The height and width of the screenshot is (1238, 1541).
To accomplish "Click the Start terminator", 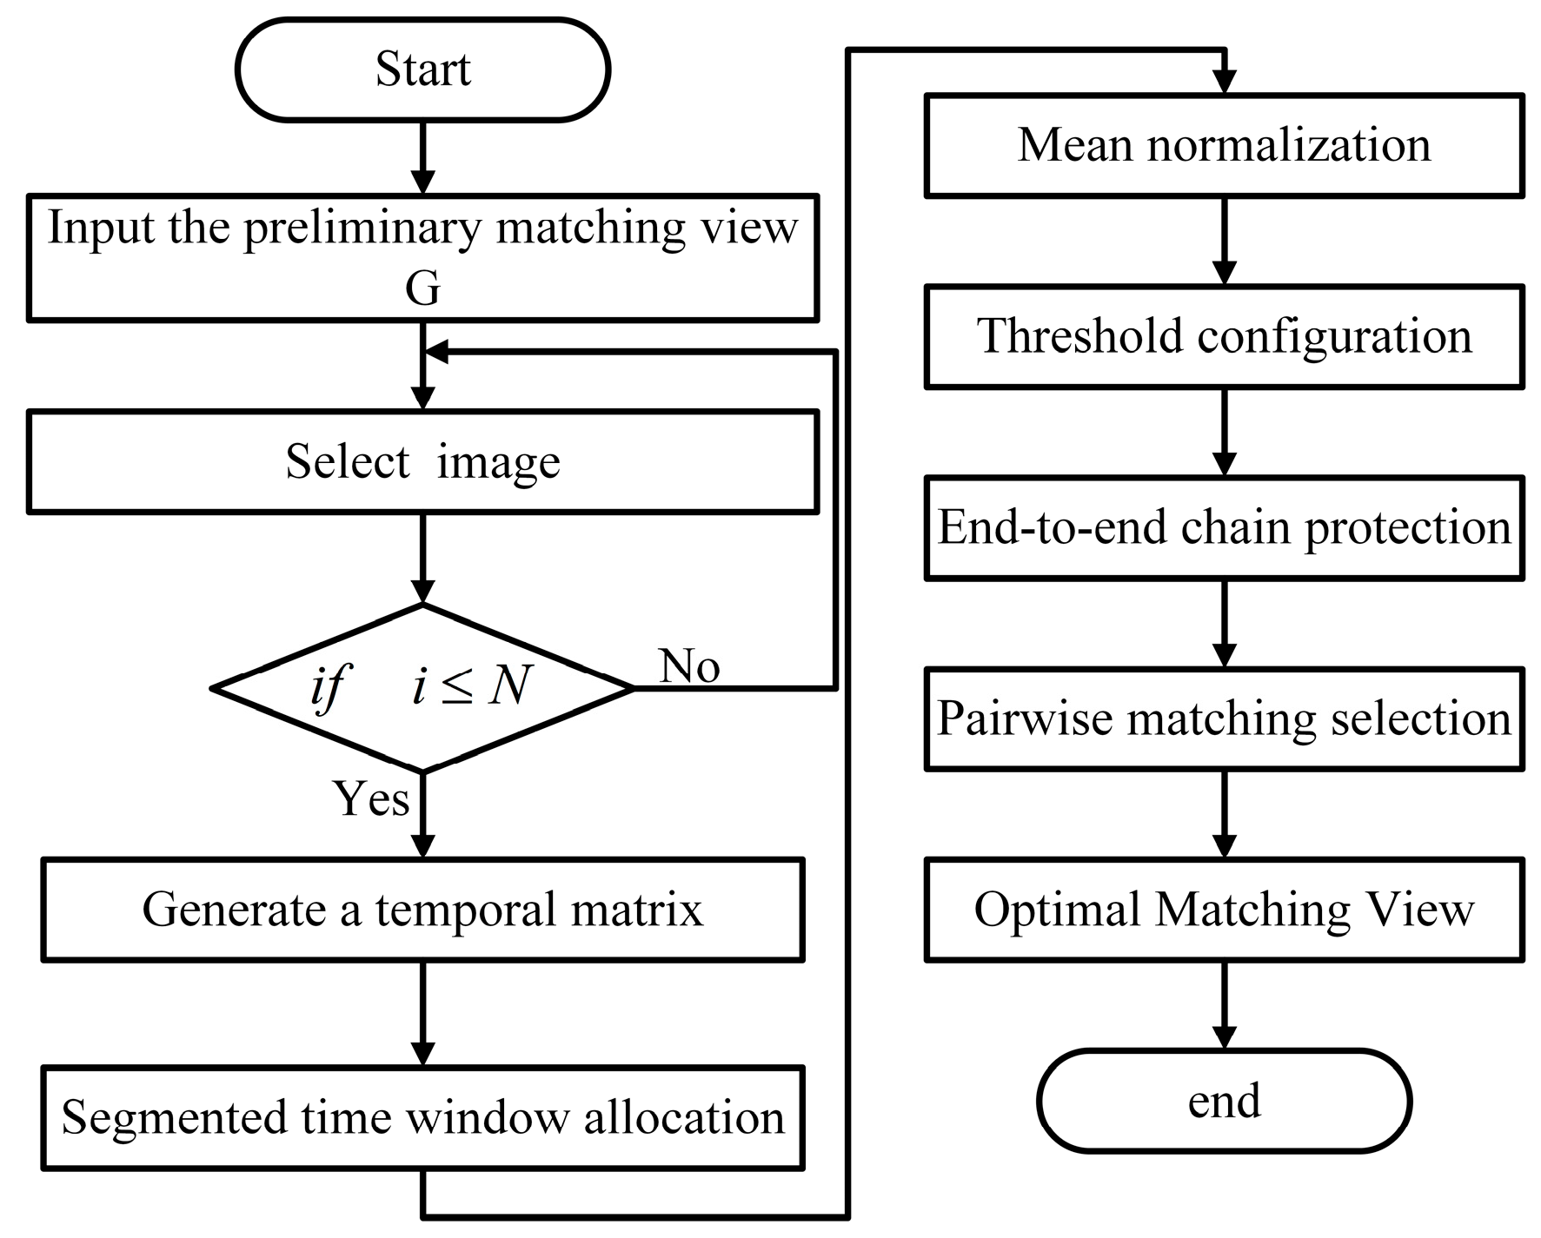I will tap(422, 70).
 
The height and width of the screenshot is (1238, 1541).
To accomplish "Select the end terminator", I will tap(1224, 1101).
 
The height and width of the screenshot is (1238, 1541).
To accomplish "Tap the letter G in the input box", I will tap(422, 289).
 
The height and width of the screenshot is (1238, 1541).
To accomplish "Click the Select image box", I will tap(422, 461).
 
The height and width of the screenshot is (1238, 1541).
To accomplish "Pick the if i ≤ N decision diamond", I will tap(422, 687).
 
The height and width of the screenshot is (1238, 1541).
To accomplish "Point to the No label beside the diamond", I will tap(689, 666).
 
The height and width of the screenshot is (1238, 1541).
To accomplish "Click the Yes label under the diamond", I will tap(371, 798).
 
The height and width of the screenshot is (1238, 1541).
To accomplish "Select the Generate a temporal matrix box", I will tap(422, 910).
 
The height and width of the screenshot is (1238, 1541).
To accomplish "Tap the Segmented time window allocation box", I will tap(422, 1117).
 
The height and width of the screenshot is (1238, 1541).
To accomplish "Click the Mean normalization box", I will tap(1224, 145).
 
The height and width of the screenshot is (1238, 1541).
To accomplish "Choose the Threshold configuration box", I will tap(1224, 336).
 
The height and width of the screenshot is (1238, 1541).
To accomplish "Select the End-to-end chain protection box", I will tap(1224, 527).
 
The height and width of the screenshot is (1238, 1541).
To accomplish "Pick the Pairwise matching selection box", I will tap(1224, 718).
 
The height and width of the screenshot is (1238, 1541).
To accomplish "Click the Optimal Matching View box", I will tap(1224, 910).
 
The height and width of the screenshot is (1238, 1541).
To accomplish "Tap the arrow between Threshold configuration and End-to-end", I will tap(1224, 433).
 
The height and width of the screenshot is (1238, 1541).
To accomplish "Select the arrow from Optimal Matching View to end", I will tap(1224, 1006).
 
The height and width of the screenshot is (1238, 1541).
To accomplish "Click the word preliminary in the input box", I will tap(362, 228).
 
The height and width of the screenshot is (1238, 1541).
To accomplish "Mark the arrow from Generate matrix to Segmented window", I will tap(422, 1014).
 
